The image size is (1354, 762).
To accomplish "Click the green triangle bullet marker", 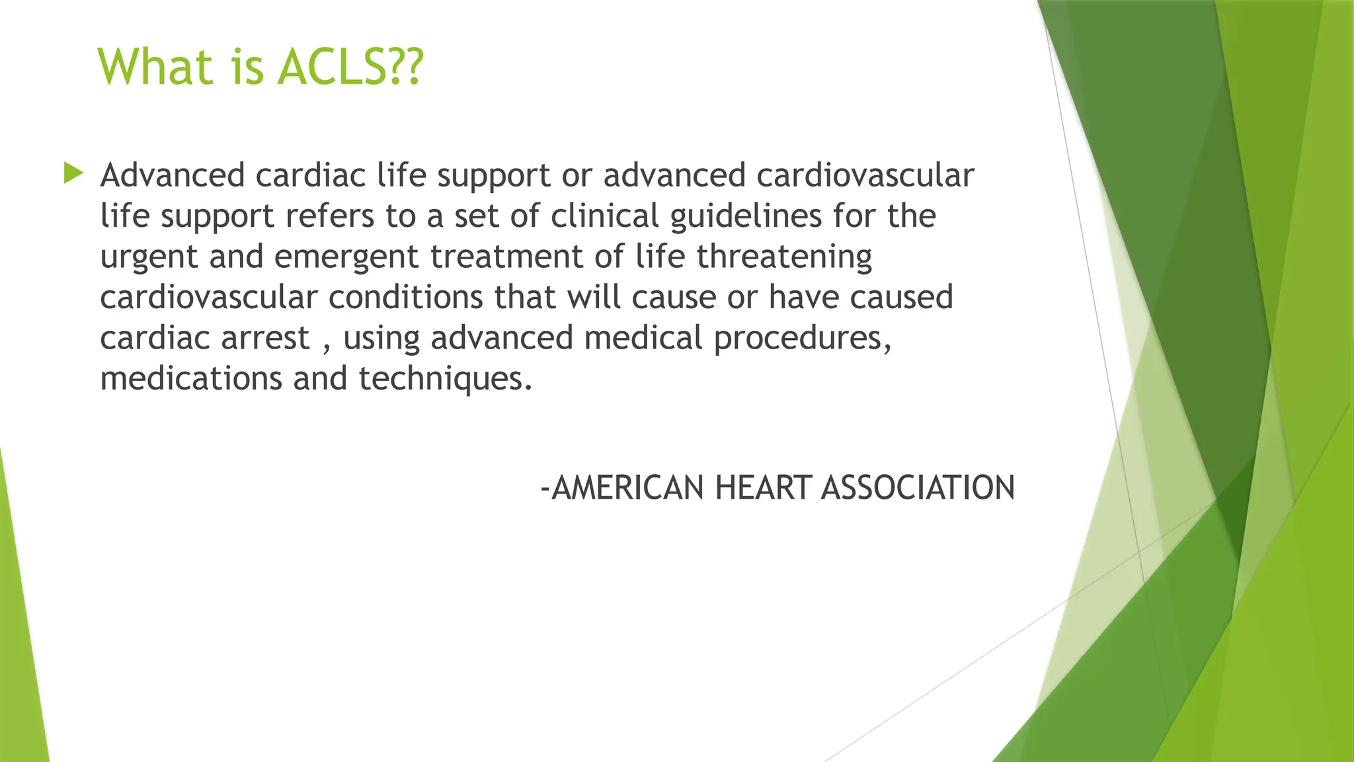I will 73,174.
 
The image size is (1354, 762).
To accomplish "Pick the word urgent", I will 149,257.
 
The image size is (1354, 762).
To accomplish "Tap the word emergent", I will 346,257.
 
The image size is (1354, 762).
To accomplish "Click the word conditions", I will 405,297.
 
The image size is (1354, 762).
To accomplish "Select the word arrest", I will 265,338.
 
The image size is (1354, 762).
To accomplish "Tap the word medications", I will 190,378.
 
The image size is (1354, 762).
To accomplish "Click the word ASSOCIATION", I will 918,488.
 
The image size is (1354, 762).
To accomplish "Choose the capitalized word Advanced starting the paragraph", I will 173,175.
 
